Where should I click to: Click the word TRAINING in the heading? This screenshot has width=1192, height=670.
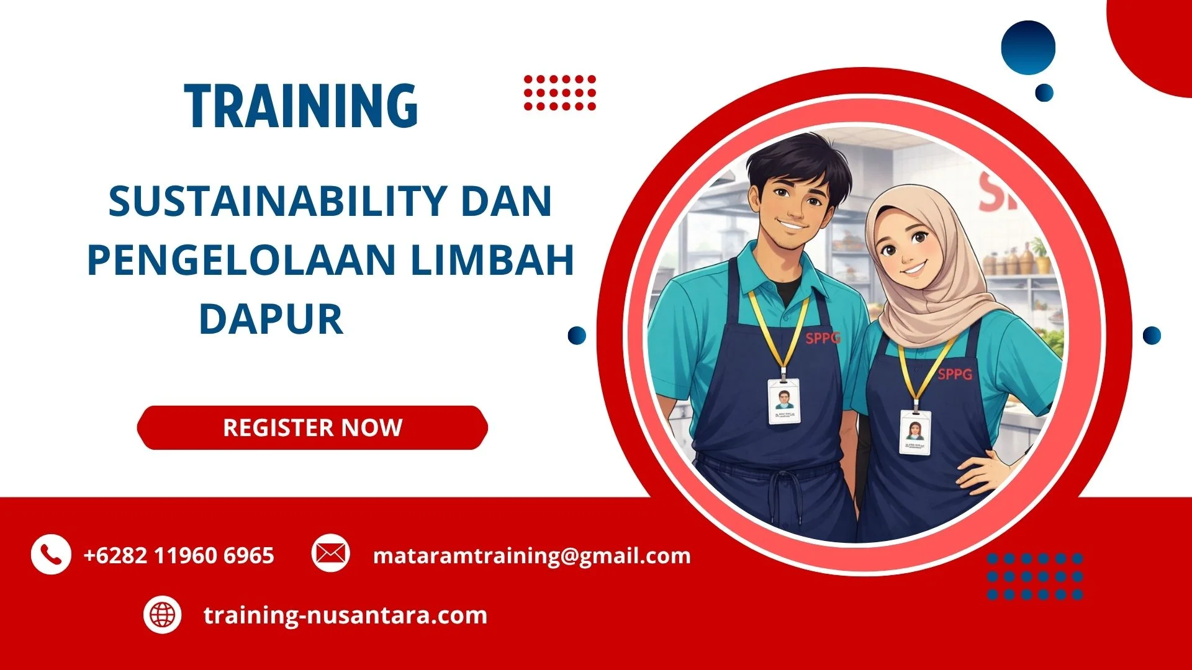click(x=301, y=106)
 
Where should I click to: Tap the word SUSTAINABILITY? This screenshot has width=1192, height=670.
click(x=276, y=201)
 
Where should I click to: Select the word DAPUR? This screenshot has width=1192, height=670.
click(x=271, y=319)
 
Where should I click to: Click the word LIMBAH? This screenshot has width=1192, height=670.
click(x=492, y=259)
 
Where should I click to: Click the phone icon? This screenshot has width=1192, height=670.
click(x=50, y=554)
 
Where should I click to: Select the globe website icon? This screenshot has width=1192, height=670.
click(x=163, y=615)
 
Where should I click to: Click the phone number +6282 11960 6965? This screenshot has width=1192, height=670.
click(x=179, y=555)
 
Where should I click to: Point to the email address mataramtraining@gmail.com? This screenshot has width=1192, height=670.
click(x=531, y=555)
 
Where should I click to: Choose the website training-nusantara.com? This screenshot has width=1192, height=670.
click(x=345, y=615)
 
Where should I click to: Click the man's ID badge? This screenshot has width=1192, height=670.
click(x=784, y=401)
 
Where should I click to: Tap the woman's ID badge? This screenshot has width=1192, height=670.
click(x=915, y=432)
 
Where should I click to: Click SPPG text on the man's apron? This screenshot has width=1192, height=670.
click(x=823, y=338)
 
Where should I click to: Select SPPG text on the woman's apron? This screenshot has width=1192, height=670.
click(x=955, y=374)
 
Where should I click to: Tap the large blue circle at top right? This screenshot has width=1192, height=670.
click(x=1028, y=48)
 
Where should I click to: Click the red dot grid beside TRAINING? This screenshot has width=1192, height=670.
click(x=559, y=93)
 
